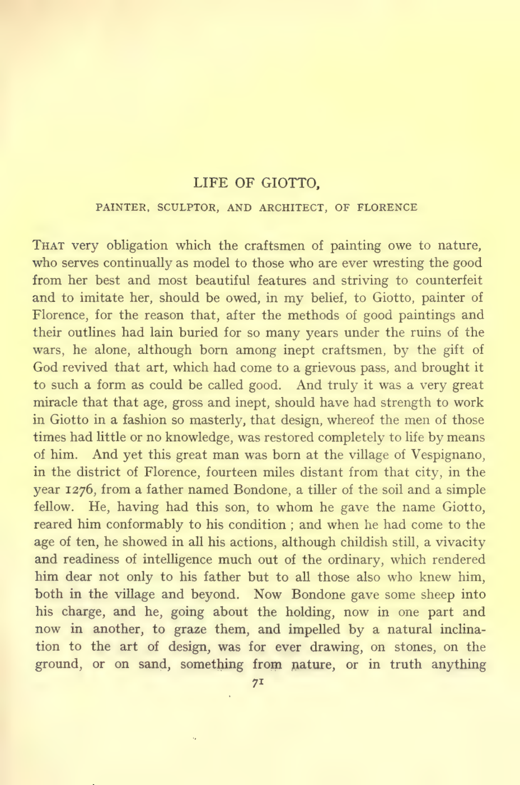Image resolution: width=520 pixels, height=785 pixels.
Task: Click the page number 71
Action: coord(258,683)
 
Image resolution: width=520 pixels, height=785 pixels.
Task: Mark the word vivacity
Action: coord(461,542)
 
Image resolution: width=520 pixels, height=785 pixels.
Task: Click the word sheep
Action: coord(438,594)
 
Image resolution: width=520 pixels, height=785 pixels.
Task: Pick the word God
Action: coord(45,367)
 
